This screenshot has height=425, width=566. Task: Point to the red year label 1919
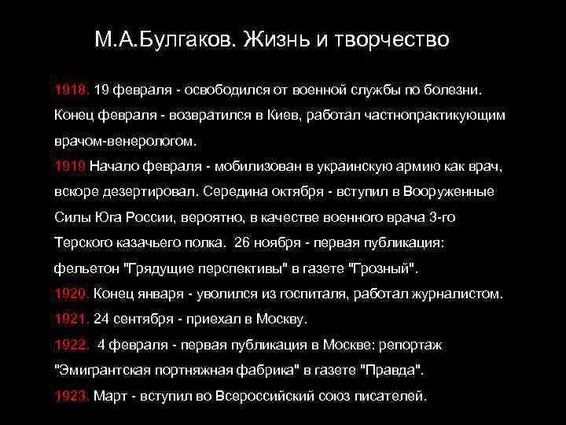tap(70, 166)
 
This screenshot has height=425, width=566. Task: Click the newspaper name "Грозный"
tap(384, 268)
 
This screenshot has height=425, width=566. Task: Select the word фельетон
tap(84, 268)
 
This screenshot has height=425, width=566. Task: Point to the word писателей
tap(391, 396)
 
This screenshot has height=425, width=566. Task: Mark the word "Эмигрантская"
tap(101, 370)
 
